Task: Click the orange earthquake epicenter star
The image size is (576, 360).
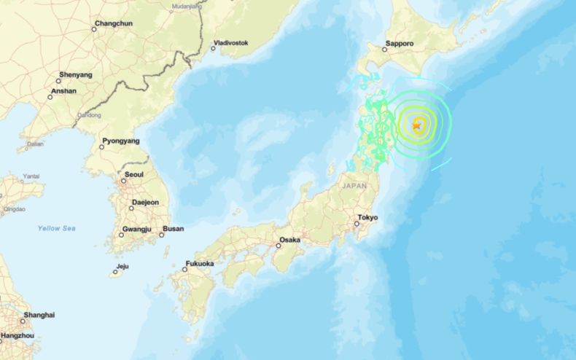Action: pos(416,125)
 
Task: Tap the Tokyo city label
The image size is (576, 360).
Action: pos(368,218)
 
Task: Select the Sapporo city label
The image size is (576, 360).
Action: pos(400,44)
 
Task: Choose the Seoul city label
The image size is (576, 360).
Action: pos(134,175)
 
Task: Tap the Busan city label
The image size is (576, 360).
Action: pos(173,229)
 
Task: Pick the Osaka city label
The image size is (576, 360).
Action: pos(289,240)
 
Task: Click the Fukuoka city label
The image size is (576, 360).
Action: pos(201,264)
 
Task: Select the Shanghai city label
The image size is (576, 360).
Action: pos(39,316)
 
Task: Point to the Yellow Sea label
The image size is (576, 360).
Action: pos(57,229)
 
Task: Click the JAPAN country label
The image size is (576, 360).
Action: pos(354,187)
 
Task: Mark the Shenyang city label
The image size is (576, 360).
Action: pos(77,75)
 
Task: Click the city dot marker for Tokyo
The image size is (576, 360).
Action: pos(356,223)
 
